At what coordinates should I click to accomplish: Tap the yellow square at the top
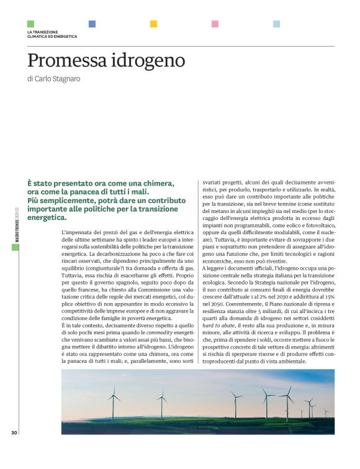click(153, 24)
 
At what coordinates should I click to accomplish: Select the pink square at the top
click(215, 24)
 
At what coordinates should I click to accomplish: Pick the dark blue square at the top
click(92, 24)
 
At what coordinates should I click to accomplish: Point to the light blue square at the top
click(276, 24)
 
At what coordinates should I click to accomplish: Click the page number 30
click(14, 432)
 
